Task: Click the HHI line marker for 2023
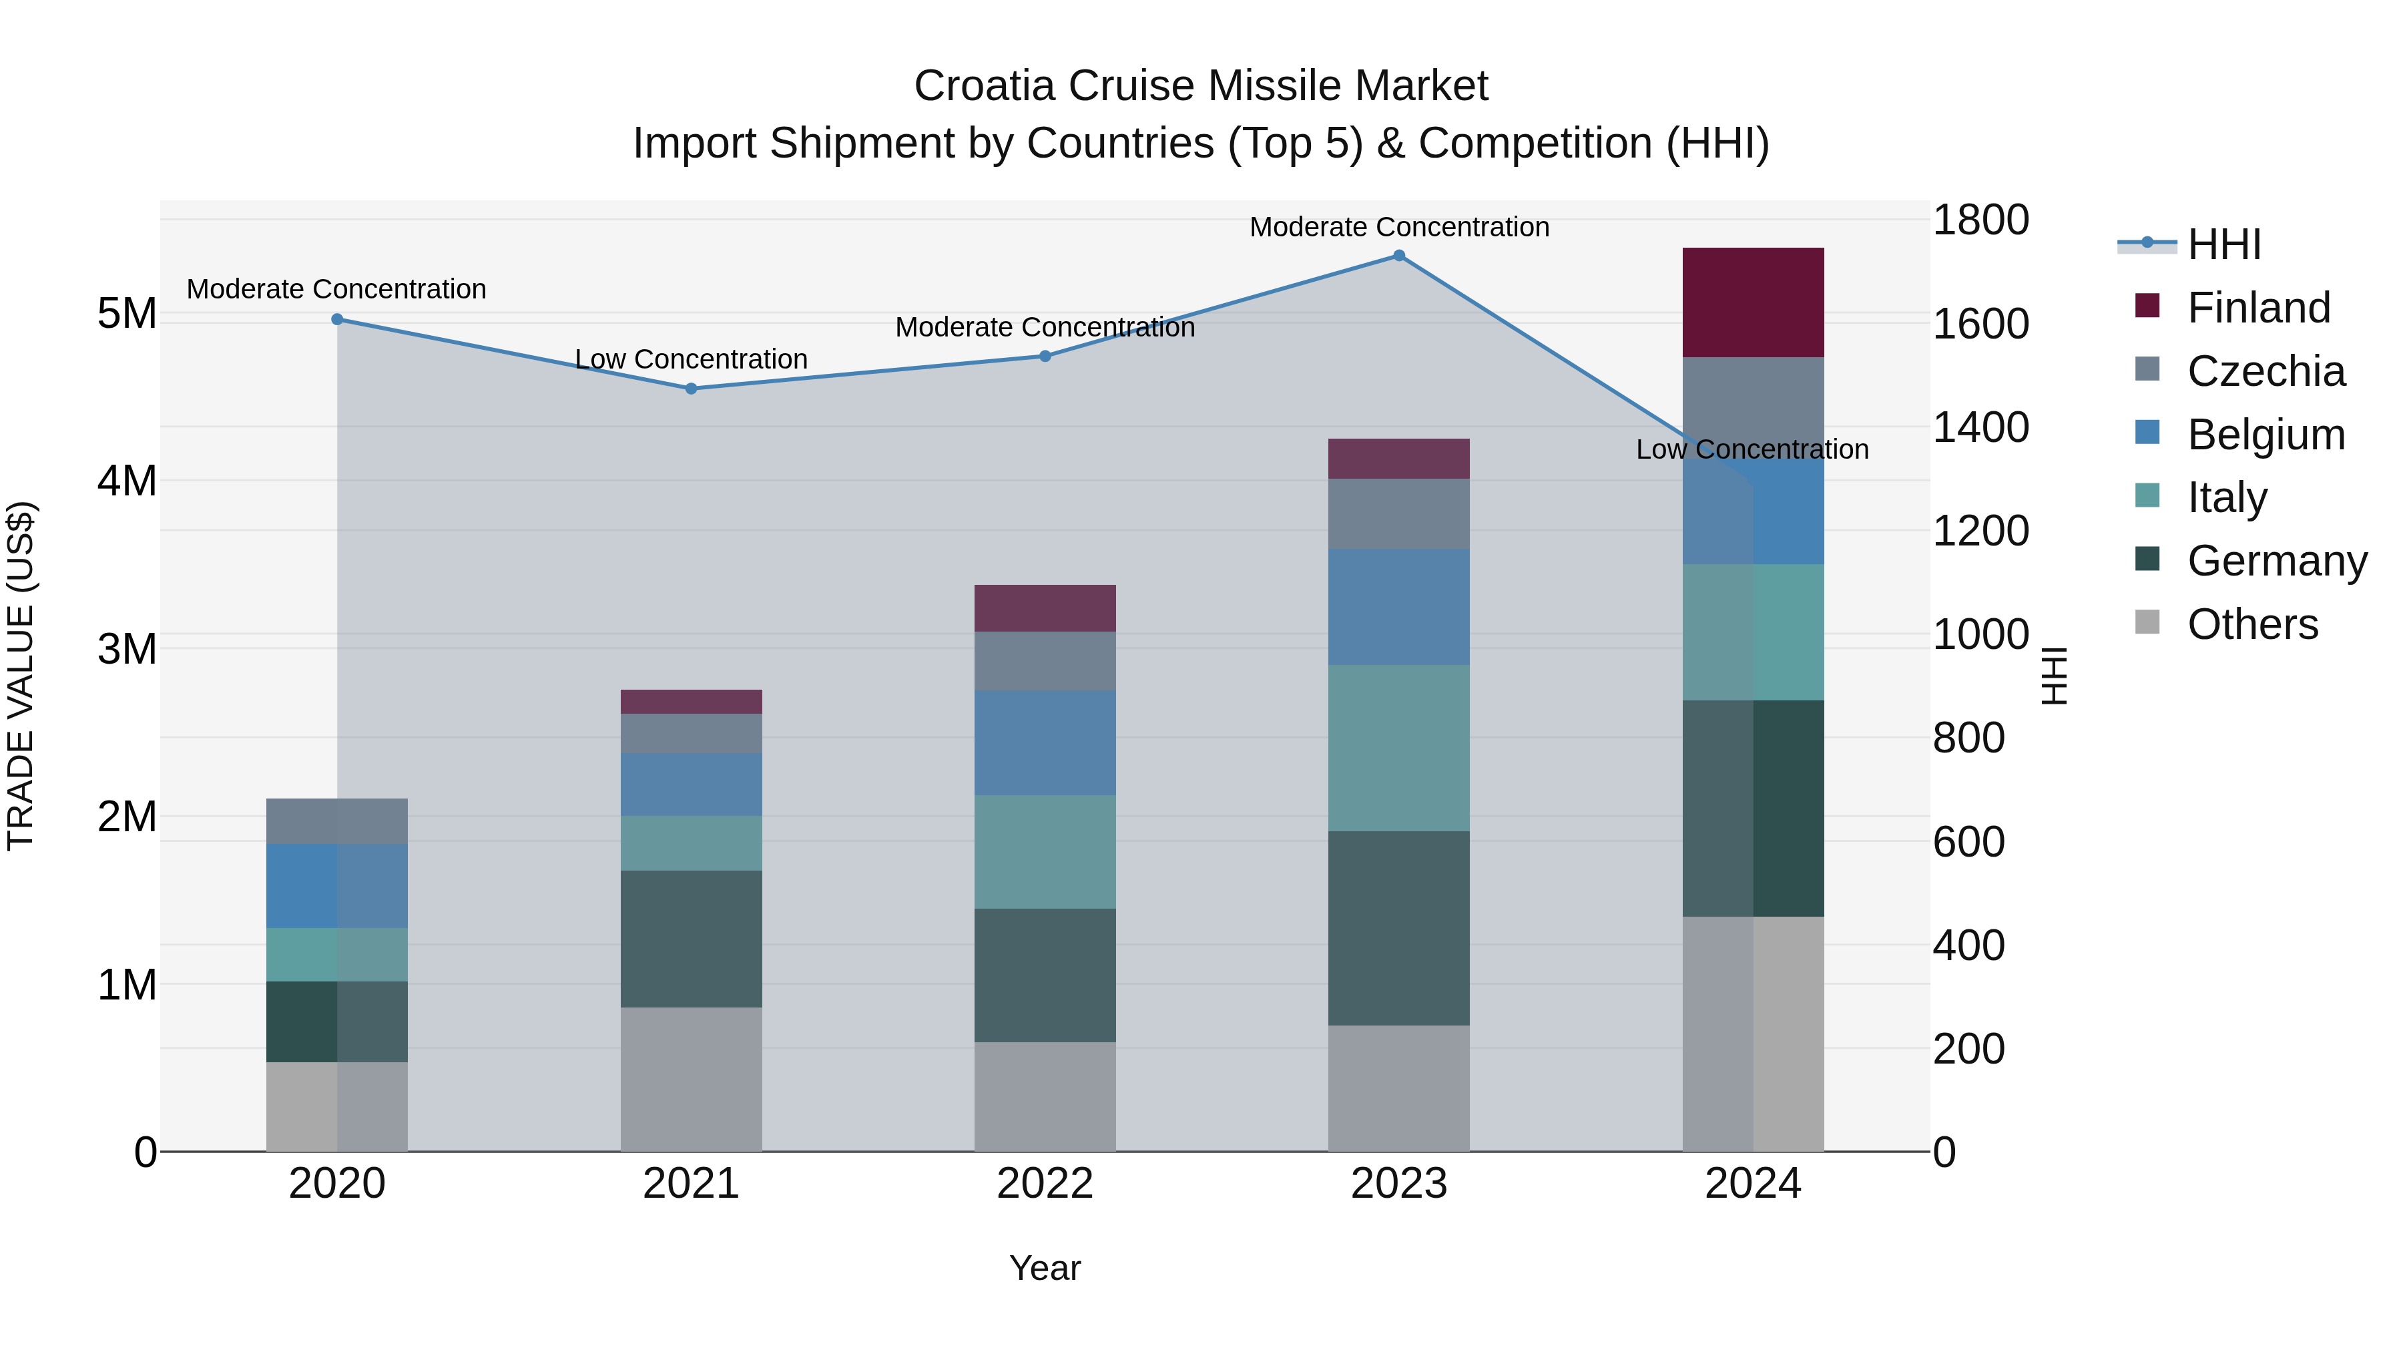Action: point(1398,256)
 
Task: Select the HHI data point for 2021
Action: point(692,389)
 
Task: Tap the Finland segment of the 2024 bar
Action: point(1753,302)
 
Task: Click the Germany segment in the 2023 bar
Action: point(1398,929)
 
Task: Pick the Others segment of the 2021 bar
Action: point(692,1079)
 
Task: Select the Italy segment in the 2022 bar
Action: point(1045,852)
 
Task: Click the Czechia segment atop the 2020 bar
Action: point(337,821)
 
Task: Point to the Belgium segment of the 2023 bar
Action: point(1398,608)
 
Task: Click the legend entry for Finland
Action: point(2257,308)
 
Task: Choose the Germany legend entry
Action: point(2276,561)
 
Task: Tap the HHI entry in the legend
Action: point(2223,244)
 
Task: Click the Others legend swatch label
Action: point(2252,624)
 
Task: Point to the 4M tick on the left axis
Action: point(127,481)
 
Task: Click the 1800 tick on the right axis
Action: point(1980,221)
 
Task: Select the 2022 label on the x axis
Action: point(1045,1184)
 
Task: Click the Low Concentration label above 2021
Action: point(692,359)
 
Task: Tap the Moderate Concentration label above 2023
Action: point(1398,227)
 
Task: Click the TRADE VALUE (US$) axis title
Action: point(21,676)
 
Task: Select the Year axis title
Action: point(1045,1268)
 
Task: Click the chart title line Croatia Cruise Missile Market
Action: point(1201,86)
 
